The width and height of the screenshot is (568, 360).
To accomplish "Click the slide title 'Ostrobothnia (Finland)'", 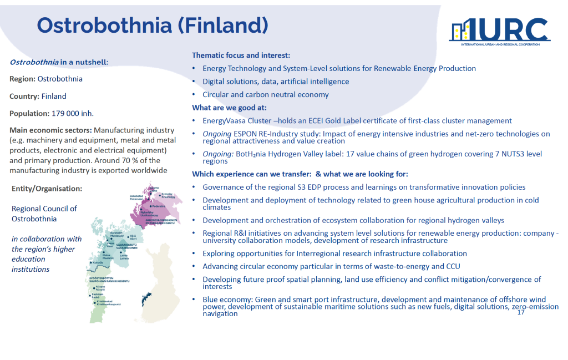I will coord(152,25).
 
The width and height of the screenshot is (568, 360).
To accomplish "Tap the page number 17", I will coord(520,312).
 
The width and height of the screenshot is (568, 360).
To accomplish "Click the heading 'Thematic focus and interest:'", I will coord(241,55).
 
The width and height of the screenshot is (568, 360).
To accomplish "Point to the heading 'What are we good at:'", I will coord(229,108).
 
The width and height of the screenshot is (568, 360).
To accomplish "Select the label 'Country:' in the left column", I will coord(24,97).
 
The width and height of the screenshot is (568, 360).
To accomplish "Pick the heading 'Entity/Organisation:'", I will coord(47,189).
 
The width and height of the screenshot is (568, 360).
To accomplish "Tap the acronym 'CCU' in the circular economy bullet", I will coord(454,267).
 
